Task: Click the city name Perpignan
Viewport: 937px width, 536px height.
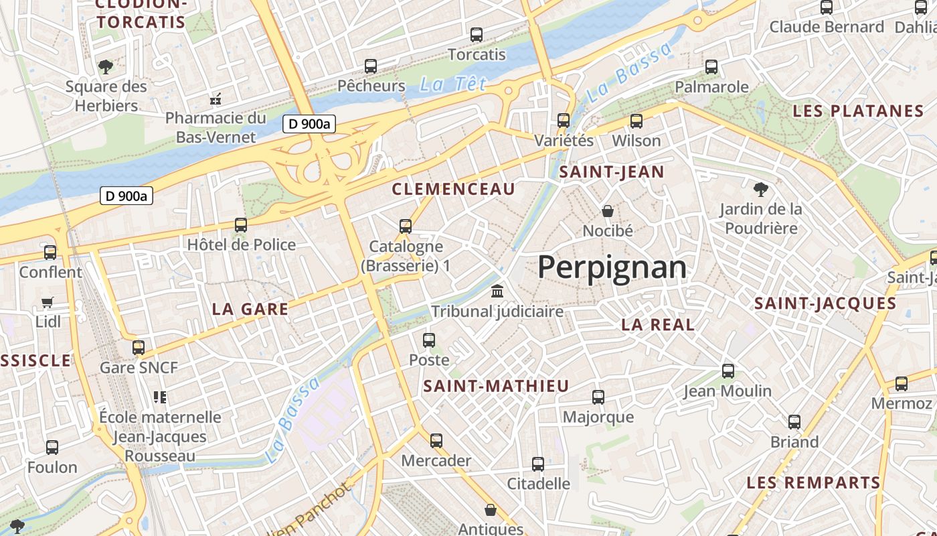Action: coord(612,267)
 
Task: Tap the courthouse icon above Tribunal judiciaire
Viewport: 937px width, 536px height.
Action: coord(497,291)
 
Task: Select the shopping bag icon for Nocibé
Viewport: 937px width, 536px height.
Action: coord(607,212)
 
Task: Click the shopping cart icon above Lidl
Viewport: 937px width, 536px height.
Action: coord(47,302)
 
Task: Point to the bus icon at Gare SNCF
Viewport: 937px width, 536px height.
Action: coord(139,348)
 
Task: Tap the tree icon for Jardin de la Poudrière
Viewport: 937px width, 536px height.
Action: coord(760,189)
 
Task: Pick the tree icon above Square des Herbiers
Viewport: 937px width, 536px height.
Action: coord(105,66)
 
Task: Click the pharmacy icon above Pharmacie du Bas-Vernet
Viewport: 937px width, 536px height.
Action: coord(216,99)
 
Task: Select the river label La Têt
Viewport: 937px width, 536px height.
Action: coord(452,84)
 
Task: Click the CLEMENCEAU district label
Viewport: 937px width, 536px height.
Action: coord(454,189)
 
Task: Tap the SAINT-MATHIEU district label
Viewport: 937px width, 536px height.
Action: coord(496,386)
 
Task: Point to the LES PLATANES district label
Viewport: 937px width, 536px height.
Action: coord(858,111)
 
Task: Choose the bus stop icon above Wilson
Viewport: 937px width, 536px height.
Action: coord(636,121)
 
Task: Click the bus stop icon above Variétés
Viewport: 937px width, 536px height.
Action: coord(564,121)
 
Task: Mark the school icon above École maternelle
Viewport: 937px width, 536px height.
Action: coord(159,397)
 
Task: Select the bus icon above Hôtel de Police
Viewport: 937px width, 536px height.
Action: coord(241,225)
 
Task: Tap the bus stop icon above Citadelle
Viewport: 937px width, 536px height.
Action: coord(538,464)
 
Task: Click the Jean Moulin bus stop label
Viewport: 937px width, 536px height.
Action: coord(728,391)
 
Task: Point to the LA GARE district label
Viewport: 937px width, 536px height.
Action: coord(250,309)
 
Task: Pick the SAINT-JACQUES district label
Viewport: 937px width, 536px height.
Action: coord(825,304)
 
